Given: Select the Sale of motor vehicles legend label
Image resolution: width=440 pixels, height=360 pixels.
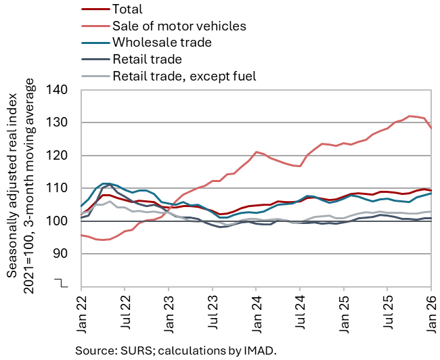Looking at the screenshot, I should (179, 26).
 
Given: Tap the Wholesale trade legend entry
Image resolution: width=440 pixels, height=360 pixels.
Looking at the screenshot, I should (162, 43).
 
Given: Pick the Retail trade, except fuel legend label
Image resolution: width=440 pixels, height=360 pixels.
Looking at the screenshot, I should (184, 76).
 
